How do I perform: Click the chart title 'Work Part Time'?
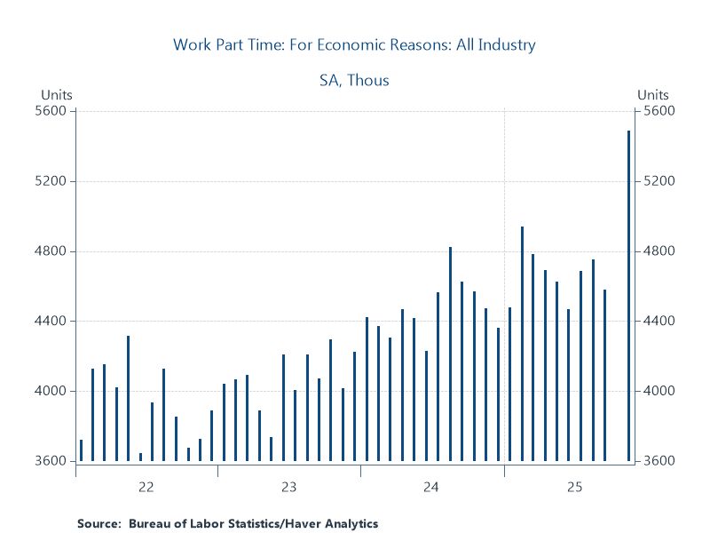coord(354,44)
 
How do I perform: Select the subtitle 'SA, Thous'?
coord(354,80)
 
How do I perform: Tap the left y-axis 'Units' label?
coord(57,95)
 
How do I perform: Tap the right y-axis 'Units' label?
coord(653,95)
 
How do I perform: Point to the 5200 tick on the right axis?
coord(659,181)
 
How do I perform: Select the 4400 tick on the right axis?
coord(659,321)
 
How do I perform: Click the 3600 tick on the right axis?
coord(659,461)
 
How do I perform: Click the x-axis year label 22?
coord(146,487)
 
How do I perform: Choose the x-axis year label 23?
coord(289,487)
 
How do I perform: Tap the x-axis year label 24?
coord(431,487)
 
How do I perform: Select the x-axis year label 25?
coord(575,487)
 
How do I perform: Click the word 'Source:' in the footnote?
coord(98,524)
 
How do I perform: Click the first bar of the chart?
coord(81,450)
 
